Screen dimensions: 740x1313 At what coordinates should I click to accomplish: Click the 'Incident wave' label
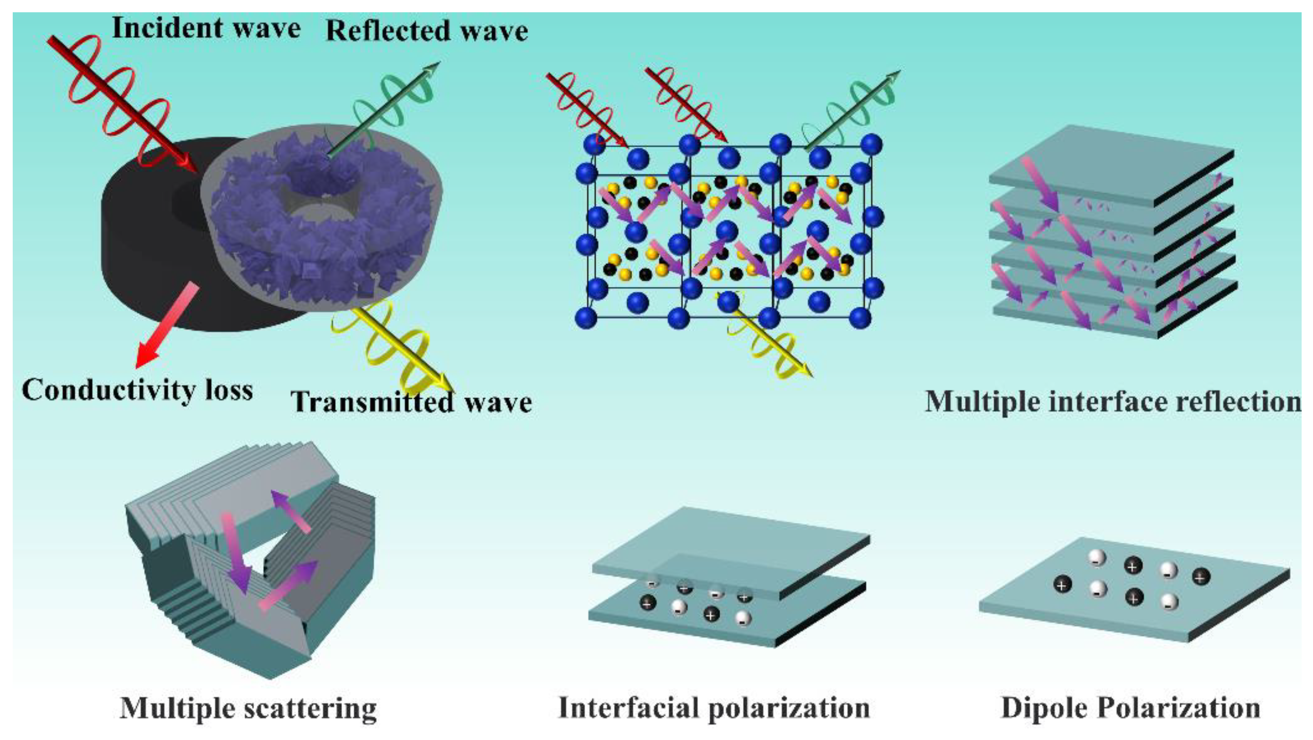pyautogui.click(x=206, y=28)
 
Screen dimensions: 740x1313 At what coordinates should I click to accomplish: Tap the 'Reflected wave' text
pyautogui.click(x=427, y=32)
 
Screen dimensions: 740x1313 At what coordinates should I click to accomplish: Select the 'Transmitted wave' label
pyautogui.click(x=411, y=402)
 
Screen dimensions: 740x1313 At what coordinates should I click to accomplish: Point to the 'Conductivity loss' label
pyautogui.click(x=137, y=391)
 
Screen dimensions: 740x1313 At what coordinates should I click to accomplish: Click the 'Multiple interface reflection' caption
pyautogui.click(x=1113, y=402)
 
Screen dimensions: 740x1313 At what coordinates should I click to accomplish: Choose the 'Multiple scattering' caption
pyautogui.click(x=248, y=708)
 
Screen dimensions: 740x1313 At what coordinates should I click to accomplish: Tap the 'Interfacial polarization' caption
pyautogui.click(x=714, y=708)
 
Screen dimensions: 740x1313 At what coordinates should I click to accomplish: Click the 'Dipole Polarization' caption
pyautogui.click(x=1131, y=708)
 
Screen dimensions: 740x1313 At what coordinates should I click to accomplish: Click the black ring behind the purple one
pyautogui.click(x=143, y=245)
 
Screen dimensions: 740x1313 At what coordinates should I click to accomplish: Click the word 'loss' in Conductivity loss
pyautogui.click(x=230, y=391)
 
